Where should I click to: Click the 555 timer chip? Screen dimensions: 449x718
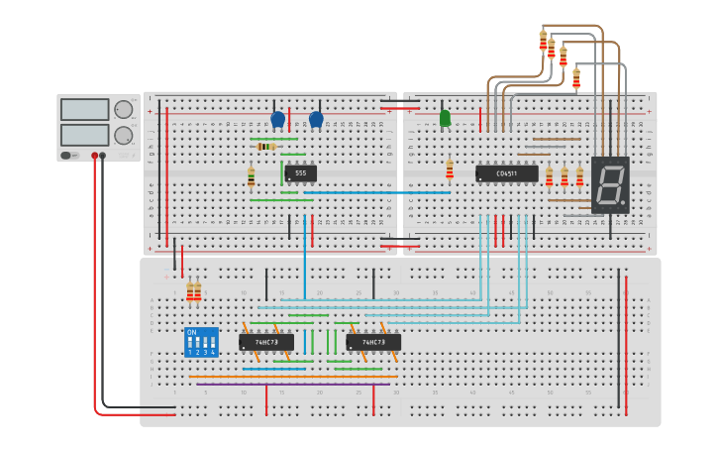[x=301, y=173]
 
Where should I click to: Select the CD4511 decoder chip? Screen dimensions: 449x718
[x=506, y=173]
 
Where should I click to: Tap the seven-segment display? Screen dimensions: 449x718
[x=610, y=184]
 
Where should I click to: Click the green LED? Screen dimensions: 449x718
[x=445, y=118]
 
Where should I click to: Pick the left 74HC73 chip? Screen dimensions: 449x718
[x=266, y=342]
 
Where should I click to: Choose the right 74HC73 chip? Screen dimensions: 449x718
[x=373, y=342]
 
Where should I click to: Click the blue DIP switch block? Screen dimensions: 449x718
[x=201, y=342]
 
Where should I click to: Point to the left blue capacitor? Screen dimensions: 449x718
[x=277, y=119]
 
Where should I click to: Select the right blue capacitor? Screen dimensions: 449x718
[x=316, y=119]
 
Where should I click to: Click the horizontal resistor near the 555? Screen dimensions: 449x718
[x=265, y=146]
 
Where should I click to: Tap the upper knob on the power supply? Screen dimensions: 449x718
[x=124, y=110]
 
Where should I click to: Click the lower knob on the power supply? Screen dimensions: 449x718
[x=124, y=135]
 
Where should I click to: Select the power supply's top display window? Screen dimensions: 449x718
[x=84, y=109]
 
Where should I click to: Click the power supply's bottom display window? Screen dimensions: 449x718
[x=84, y=134]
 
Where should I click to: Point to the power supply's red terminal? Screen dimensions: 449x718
[x=95, y=156]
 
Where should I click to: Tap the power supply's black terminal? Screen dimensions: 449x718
[x=103, y=156]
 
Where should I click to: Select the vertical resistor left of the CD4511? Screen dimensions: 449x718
[x=450, y=168]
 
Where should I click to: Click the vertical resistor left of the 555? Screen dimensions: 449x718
[x=251, y=176]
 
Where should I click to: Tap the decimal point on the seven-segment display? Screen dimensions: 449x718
[x=624, y=205]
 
